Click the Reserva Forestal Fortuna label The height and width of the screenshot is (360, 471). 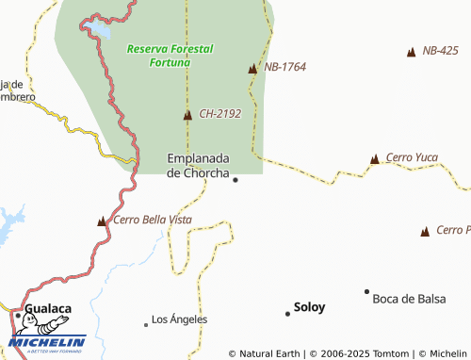click(171, 55)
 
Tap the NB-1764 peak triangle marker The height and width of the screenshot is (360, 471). click(252, 69)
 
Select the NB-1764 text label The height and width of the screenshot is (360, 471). click(285, 67)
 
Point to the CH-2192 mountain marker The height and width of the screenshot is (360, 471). click(187, 116)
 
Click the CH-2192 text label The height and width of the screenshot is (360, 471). click(220, 114)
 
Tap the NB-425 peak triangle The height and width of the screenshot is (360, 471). click(411, 52)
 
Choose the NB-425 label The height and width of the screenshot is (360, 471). click(441, 50)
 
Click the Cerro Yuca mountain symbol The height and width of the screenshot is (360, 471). click(375, 159)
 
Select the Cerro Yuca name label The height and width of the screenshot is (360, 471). click(412, 157)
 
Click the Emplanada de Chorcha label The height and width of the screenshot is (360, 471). click(200, 165)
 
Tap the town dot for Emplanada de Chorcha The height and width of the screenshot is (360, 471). click(235, 180)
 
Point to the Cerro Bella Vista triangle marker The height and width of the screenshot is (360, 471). click(102, 221)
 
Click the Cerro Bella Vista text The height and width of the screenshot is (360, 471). click(152, 220)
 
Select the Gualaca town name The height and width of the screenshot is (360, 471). click(48, 308)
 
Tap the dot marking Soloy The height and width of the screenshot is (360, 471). click(287, 313)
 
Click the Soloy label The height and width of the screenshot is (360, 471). click(309, 307)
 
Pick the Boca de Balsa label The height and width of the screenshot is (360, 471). click(408, 299)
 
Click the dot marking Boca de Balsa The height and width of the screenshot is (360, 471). click(366, 292)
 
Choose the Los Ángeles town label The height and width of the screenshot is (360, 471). click(179, 319)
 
